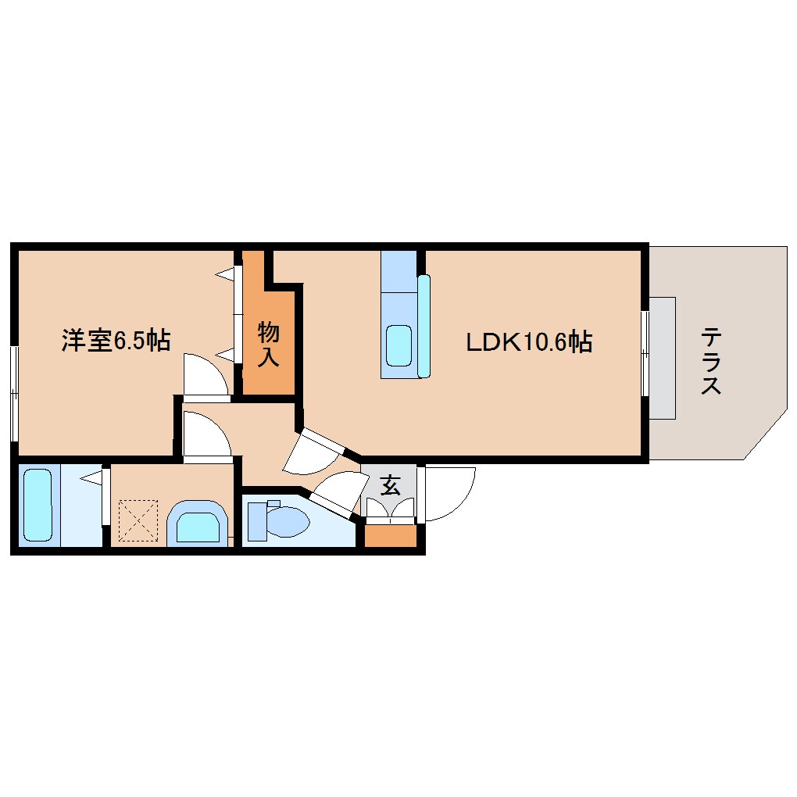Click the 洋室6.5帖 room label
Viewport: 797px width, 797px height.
pos(116,341)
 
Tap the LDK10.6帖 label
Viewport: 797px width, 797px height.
pos(528,341)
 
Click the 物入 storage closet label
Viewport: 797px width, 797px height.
pos(269,345)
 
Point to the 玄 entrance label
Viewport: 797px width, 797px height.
pos(390,486)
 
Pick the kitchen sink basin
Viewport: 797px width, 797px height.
pos(398,345)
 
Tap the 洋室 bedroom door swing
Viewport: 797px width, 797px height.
pos(205,375)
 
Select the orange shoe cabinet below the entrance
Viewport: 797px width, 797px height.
pos(391,535)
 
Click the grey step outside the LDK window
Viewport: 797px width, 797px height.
pos(663,357)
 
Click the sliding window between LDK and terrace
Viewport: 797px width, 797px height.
pos(645,354)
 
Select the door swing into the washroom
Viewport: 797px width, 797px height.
pos(205,434)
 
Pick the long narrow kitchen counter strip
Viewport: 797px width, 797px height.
pos(424,326)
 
